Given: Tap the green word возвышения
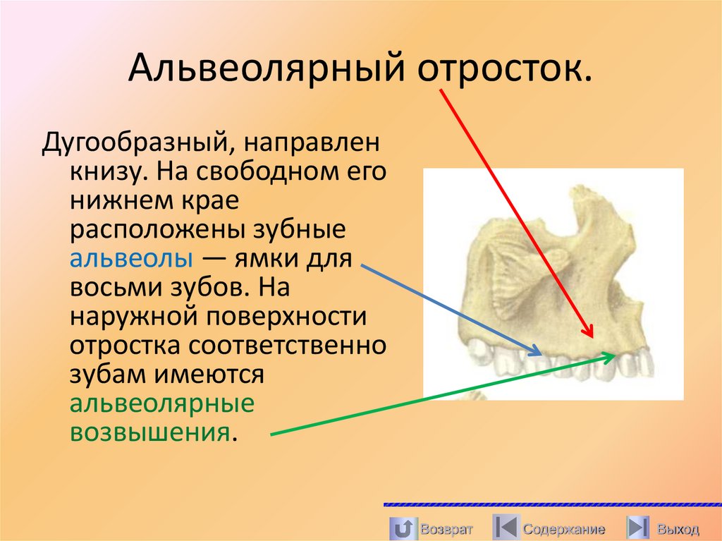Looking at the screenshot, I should click(149, 430).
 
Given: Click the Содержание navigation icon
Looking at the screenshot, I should click(506, 528).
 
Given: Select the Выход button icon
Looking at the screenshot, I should click(638, 528).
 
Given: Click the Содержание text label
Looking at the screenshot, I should click(564, 529).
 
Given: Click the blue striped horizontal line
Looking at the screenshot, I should click(552, 505).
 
